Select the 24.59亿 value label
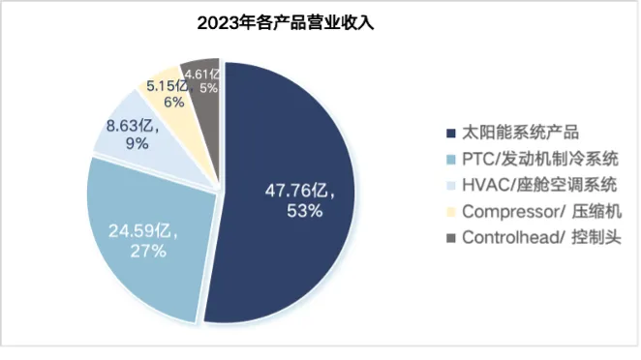[144, 232]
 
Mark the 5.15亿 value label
[164, 83]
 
